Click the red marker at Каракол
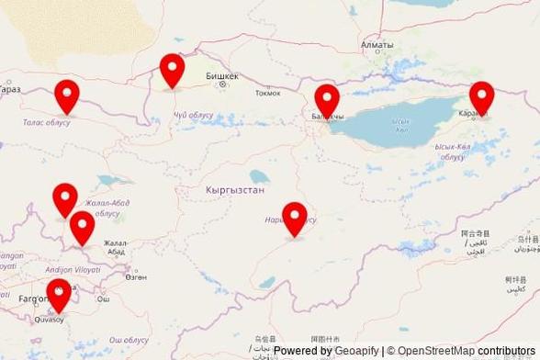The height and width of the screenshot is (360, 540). pyautogui.click(x=481, y=98)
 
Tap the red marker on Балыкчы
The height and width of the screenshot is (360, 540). pyautogui.click(x=327, y=101)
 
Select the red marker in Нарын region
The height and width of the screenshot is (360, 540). pyautogui.click(x=294, y=219)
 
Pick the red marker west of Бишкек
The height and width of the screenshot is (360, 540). pyautogui.click(x=172, y=71)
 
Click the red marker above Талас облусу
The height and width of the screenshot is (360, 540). pyautogui.click(x=66, y=96)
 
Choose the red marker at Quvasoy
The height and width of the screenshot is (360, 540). pyautogui.click(x=59, y=297)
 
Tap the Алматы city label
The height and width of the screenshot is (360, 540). pyautogui.click(x=377, y=44)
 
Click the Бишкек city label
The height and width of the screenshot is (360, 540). pyautogui.click(x=222, y=75)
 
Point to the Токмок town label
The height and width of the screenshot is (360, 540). pyautogui.click(x=268, y=93)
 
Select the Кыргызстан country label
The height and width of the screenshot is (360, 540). pyautogui.click(x=235, y=189)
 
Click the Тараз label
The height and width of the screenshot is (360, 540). pyautogui.click(x=10, y=89)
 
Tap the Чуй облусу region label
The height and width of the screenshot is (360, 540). pyautogui.click(x=193, y=115)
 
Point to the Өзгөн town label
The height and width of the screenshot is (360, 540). pyautogui.click(x=136, y=276)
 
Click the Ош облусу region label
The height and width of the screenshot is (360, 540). pyautogui.click(x=129, y=340)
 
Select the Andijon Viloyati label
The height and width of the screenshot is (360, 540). pyautogui.click(x=73, y=270)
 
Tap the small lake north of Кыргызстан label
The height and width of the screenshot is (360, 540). pyautogui.click(x=260, y=175)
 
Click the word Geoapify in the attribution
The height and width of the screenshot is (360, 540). pyautogui.click(x=357, y=351)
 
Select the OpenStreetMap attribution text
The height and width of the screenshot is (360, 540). pyautogui.click(x=436, y=351)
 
